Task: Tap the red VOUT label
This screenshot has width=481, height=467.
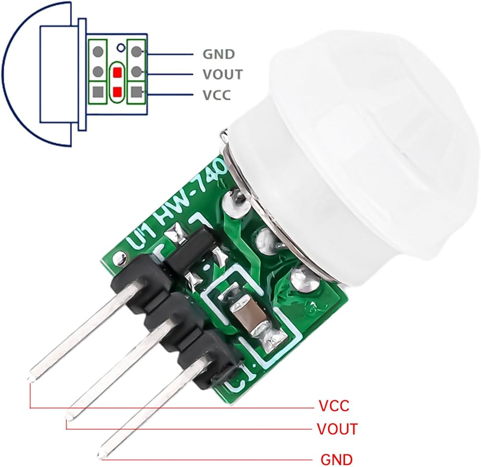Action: tap(337, 428)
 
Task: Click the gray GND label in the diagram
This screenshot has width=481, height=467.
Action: tap(218, 54)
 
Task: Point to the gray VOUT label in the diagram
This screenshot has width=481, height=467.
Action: tap(222, 75)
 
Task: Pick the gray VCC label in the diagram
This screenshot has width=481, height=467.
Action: tap(216, 95)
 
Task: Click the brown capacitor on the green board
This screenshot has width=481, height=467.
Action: tap(250, 318)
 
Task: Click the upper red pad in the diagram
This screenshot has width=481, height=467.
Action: tap(117, 73)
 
